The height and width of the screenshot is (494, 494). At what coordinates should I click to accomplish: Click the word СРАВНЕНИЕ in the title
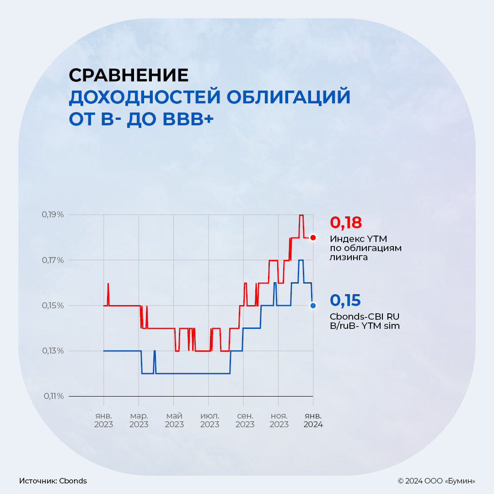(129, 75)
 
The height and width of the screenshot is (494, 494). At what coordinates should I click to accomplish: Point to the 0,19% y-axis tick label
(54, 215)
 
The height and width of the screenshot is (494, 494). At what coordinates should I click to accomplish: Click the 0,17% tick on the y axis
(54, 260)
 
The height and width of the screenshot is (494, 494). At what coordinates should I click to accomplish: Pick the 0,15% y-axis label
(54, 306)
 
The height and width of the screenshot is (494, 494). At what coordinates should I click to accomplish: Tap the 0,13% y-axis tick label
(54, 351)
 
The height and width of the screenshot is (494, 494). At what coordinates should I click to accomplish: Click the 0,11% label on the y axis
(54, 396)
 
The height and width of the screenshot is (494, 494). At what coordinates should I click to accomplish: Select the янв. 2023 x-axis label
(104, 420)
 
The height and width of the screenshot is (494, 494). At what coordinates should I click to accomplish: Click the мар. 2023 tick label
(139, 420)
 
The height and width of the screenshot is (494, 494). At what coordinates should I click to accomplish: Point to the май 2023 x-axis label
(174, 420)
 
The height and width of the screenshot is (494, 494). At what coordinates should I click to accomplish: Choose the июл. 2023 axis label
(209, 420)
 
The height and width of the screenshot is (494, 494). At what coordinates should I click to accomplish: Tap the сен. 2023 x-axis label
(245, 420)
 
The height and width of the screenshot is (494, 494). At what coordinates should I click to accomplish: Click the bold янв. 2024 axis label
(313, 420)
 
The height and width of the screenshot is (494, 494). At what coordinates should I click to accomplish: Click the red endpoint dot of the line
(313, 237)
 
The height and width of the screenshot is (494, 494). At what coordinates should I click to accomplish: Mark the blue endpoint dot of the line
(313, 306)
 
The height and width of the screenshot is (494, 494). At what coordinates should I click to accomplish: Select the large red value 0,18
(346, 223)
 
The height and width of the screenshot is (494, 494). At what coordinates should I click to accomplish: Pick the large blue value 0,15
(345, 301)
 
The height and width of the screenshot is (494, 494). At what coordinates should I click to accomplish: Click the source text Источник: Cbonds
(53, 481)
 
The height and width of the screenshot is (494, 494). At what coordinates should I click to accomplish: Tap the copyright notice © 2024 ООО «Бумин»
(436, 481)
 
